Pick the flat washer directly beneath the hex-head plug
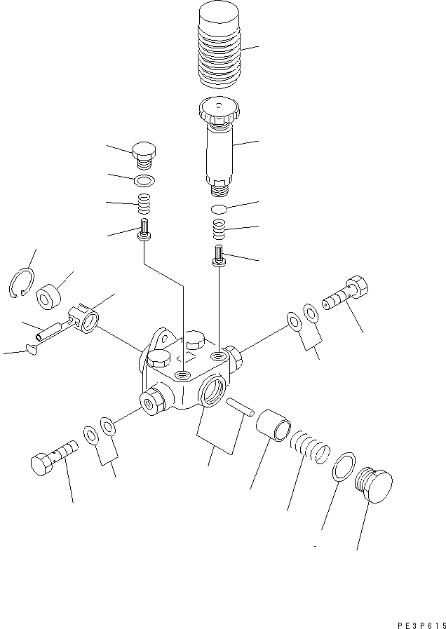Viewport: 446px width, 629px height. (x=144, y=181)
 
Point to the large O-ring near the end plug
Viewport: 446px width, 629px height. (x=342, y=466)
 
